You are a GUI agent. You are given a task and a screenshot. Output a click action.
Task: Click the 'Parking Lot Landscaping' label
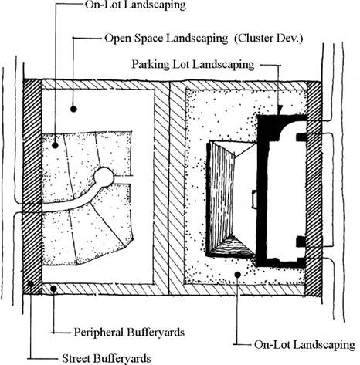(193, 64)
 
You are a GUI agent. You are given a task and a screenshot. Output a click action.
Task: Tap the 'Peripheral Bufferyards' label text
(129, 332)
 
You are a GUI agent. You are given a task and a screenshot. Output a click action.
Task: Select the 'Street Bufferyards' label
(107, 358)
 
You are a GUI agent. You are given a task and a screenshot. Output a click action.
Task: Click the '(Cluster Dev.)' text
(269, 39)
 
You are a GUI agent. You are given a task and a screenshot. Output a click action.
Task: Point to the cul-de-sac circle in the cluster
(104, 177)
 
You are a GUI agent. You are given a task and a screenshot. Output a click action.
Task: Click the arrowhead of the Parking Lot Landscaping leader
(280, 110)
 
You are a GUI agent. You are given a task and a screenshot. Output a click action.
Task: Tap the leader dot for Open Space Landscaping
(73, 109)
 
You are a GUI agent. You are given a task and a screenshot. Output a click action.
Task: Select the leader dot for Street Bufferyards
(31, 284)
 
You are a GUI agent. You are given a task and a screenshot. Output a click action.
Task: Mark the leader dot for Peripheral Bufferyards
(53, 289)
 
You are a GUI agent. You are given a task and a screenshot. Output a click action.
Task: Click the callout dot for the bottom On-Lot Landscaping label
(237, 275)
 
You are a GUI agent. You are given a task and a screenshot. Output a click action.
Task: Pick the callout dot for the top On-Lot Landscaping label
(55, 145)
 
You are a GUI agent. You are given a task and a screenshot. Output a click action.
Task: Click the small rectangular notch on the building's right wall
(254, 199)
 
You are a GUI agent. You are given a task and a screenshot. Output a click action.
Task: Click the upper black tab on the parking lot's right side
(301, 137)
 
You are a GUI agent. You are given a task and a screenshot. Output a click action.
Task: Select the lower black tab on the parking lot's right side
(301, 242)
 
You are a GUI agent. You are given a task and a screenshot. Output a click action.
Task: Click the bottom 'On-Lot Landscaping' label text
(304, 345)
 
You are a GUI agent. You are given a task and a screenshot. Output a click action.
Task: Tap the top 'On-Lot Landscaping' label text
(135, 5)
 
